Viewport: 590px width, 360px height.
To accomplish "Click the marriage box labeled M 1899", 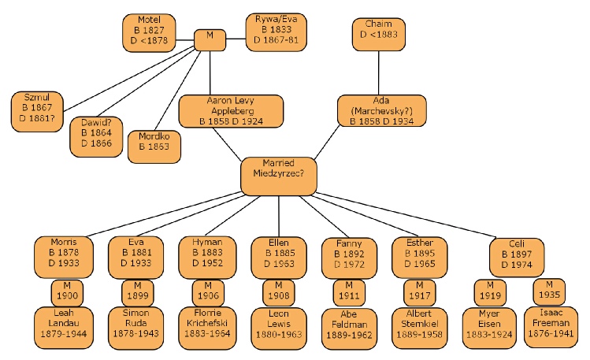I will pos(137,293).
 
